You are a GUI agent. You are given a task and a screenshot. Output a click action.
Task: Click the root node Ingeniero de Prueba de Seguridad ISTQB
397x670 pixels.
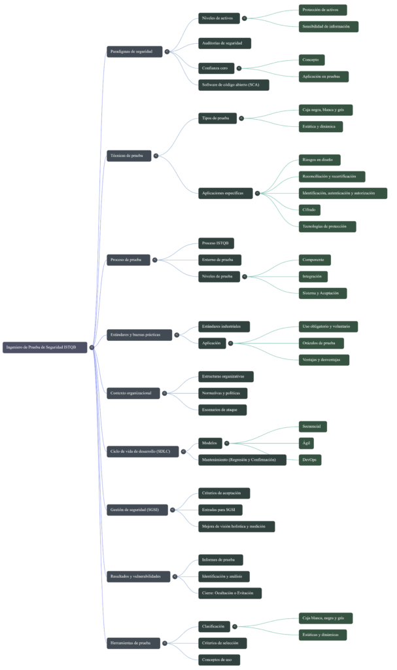tap(44, 347)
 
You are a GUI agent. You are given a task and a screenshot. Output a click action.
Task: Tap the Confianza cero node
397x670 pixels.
tap(215, 67)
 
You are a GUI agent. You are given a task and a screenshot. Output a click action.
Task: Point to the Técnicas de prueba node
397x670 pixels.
tap(129, 156)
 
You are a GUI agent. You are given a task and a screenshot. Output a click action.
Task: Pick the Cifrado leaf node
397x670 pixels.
tap(309, 210)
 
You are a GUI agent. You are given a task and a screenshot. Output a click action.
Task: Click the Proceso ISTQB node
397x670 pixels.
tap(216, 243)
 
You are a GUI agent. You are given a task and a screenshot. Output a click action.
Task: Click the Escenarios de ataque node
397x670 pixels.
tap(222, 410)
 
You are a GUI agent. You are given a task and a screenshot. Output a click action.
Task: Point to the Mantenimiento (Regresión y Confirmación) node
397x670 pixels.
tap(242, 460)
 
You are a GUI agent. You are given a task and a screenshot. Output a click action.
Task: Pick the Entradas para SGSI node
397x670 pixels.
tap(222, 509)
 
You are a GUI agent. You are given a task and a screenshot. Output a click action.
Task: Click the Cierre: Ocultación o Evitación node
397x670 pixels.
tap(230, 593)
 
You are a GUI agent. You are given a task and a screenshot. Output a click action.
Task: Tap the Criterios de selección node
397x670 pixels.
tap(222, 643)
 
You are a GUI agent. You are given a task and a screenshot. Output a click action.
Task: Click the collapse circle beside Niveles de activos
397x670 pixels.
tap(244, 18)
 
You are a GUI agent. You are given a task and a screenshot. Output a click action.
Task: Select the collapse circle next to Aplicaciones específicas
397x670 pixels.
tap(257, 193)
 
